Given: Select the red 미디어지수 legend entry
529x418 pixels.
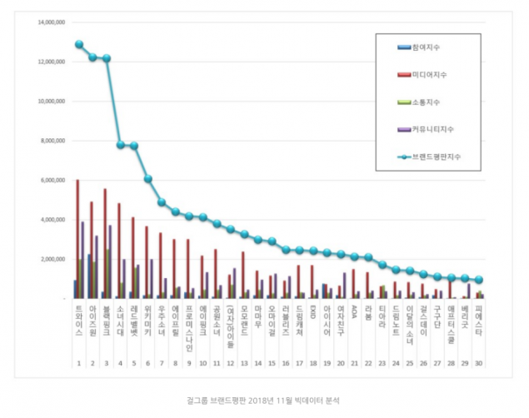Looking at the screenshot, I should coord(426,74).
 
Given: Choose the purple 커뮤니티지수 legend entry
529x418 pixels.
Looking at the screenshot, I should coord(428,129).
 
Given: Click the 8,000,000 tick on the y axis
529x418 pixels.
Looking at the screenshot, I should coord(52,141).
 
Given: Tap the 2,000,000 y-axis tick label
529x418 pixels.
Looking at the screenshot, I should coord(52,259).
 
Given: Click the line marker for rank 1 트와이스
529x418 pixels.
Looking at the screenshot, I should coord(78,44).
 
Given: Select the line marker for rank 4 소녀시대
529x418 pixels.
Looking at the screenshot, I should coord(120,145).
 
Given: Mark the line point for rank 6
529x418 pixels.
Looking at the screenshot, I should coord(147,178).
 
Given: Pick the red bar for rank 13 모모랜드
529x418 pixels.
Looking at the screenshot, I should coord(243,275).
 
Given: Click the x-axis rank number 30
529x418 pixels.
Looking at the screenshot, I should coord(478,364).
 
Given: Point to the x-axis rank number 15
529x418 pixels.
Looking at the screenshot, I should coord(272,364).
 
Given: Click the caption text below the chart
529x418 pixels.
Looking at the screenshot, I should coord(263,401).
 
